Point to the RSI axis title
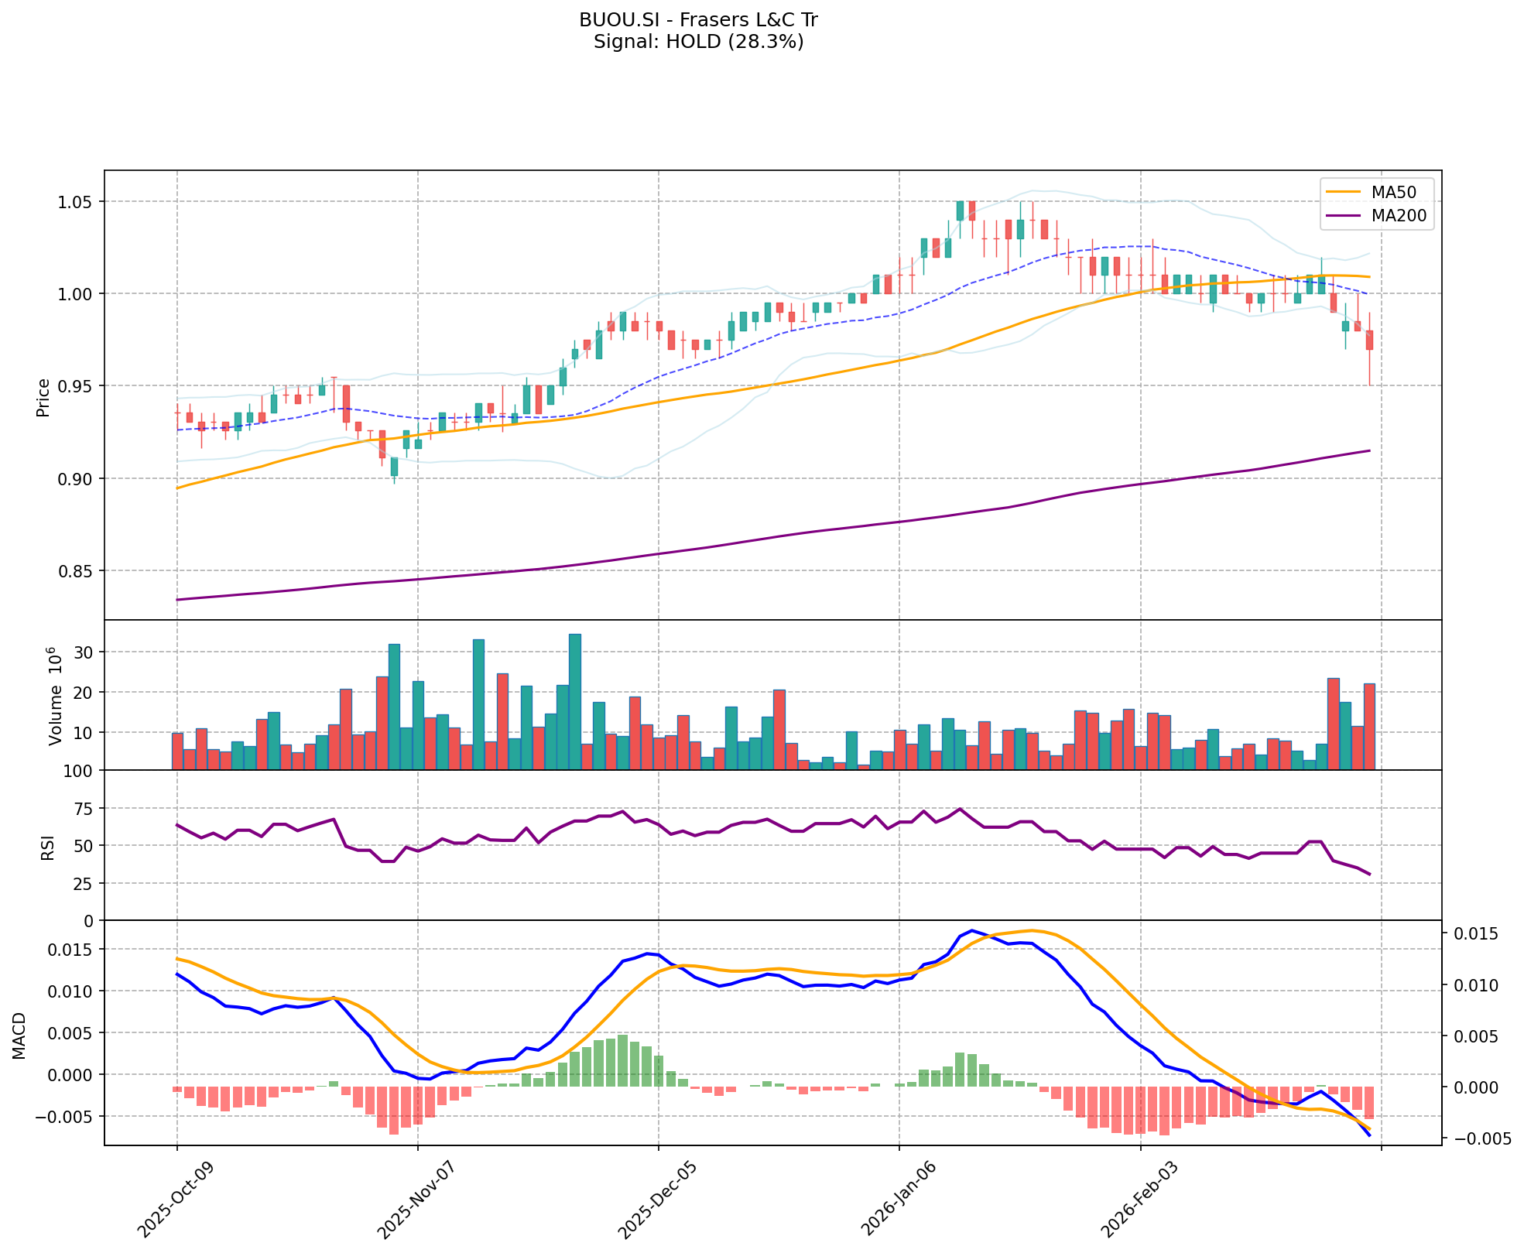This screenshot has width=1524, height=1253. click(48, 847)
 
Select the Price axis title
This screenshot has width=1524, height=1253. click(43, 397)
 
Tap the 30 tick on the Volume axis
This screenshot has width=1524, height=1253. click(85, 652)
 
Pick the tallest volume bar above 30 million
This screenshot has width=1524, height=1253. click(574, 701)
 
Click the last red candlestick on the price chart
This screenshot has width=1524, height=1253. click(1369, 340)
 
